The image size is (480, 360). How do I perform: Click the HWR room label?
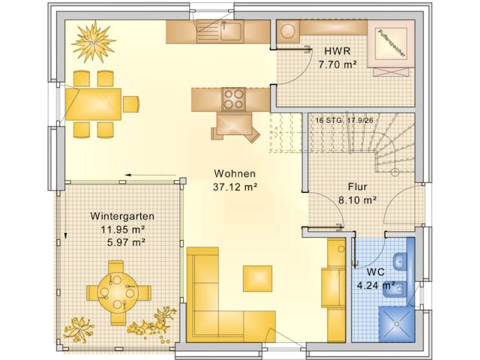tap(335, 51)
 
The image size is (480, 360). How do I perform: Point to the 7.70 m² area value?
tap(335, 64)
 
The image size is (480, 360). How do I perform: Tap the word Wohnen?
tap(235, 172)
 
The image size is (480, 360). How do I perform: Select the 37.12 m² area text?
tap(235, 187)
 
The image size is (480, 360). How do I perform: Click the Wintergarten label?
tap(116, 215)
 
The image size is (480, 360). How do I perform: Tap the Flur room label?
tap(357, 187)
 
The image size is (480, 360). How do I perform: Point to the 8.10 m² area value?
tap(357, 200)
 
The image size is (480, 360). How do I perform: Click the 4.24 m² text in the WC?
tap(376, 285)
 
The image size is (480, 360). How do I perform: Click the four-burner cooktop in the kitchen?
tap(232, 98)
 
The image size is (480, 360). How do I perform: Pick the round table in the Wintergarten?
tap(116, 290)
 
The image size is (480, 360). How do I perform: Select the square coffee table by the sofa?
tap(257, 277)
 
